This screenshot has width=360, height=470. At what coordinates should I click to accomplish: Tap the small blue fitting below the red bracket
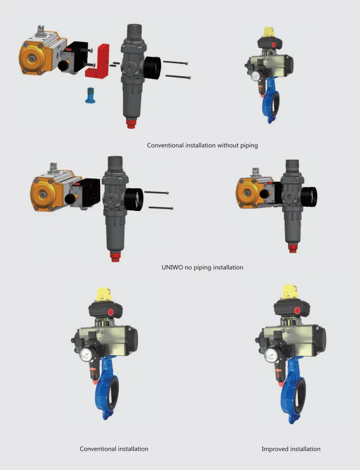coord(89,95)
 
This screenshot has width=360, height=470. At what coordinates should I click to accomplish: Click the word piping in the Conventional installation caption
coord(249,145)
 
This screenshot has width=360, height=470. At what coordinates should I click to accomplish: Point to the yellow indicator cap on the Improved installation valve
coord(290,292)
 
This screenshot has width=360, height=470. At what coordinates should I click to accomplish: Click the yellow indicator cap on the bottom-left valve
coord(103,295)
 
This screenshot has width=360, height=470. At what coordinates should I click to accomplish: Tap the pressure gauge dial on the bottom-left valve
coord(86,355)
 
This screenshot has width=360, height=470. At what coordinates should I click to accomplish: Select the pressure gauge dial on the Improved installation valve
coord(271,355)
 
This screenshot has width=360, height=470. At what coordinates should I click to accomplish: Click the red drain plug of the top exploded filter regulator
coord(131,123)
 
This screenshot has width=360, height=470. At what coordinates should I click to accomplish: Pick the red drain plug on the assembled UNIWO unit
coord(292,248)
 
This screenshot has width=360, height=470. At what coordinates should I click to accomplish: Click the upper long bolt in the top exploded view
coord(175,62)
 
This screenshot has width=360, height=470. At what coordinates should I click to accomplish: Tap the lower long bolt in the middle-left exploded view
coord(161,208)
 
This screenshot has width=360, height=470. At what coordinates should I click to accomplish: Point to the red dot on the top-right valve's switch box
coord(273,45)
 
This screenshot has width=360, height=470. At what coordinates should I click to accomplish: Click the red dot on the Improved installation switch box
coord(297,310)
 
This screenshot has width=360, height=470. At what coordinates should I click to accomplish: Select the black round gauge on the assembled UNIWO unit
coord(309,197)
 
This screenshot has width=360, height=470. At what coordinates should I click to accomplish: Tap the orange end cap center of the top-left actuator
coord(31,57)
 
